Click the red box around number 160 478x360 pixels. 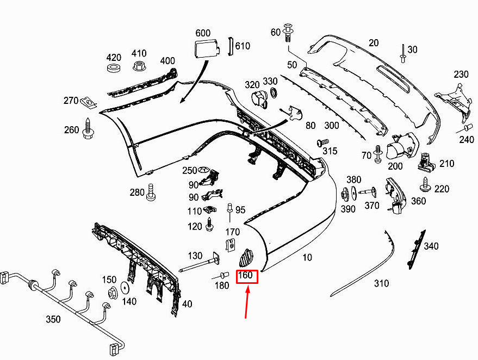247,276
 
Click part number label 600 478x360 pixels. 203,33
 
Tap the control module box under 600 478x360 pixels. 207,49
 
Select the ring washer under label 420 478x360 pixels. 115,67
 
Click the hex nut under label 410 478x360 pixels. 139,65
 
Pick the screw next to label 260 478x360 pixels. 88,129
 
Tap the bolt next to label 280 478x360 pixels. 151,192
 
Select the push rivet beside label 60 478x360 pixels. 289,33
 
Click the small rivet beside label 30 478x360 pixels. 403,54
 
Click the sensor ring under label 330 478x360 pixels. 274,92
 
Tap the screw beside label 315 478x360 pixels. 322,142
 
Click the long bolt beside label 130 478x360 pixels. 199,263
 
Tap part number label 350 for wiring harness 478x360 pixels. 53,319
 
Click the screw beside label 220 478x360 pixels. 425,185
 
